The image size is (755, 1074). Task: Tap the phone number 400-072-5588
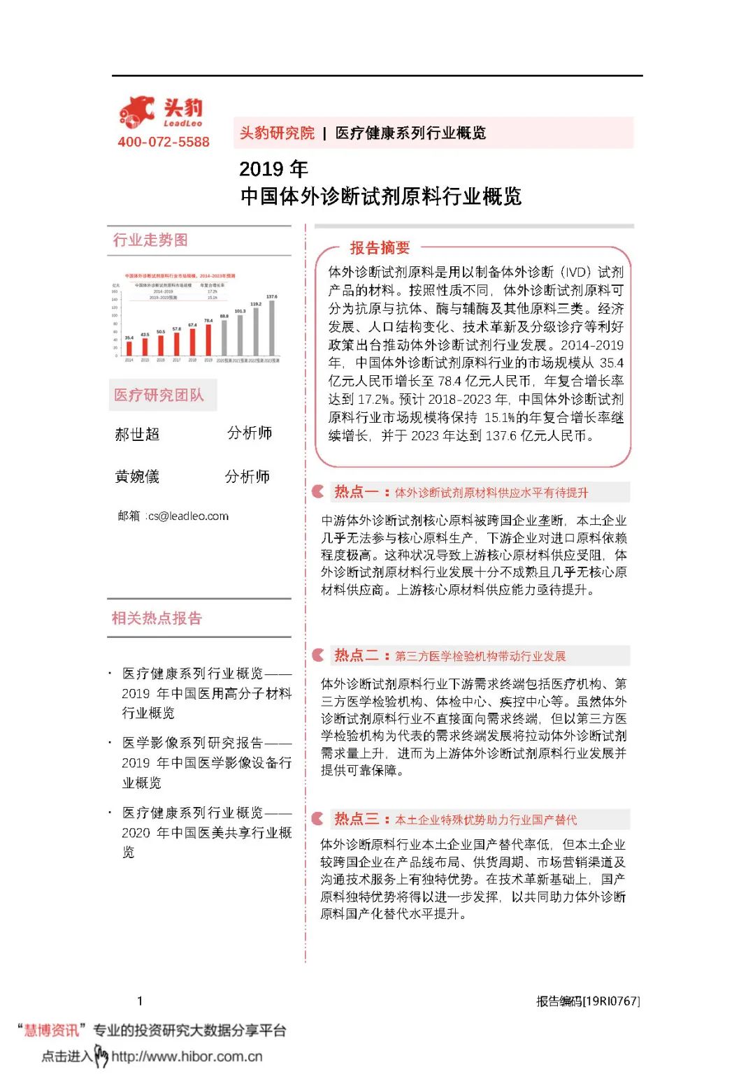[164, 142]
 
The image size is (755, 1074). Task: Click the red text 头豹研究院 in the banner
[277, 133]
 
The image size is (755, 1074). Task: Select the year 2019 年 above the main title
[273, 169]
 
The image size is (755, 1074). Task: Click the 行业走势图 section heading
[150, 240]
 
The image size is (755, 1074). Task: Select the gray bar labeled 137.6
[272, 328]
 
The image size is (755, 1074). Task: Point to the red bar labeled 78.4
[208, 340]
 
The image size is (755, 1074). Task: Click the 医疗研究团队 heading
[159, 396]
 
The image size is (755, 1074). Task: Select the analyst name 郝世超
[137, 435]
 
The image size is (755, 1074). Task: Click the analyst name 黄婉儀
[137, 477]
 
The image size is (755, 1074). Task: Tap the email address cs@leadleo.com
[188, 516]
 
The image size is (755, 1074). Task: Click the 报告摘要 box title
[380, 248]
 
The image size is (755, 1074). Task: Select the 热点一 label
[356, 492]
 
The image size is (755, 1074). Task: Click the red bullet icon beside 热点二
[318, 655]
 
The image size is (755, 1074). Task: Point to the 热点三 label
[356, 819]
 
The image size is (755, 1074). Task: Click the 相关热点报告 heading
[157, 618]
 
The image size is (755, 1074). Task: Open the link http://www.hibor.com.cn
[187, 1057]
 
